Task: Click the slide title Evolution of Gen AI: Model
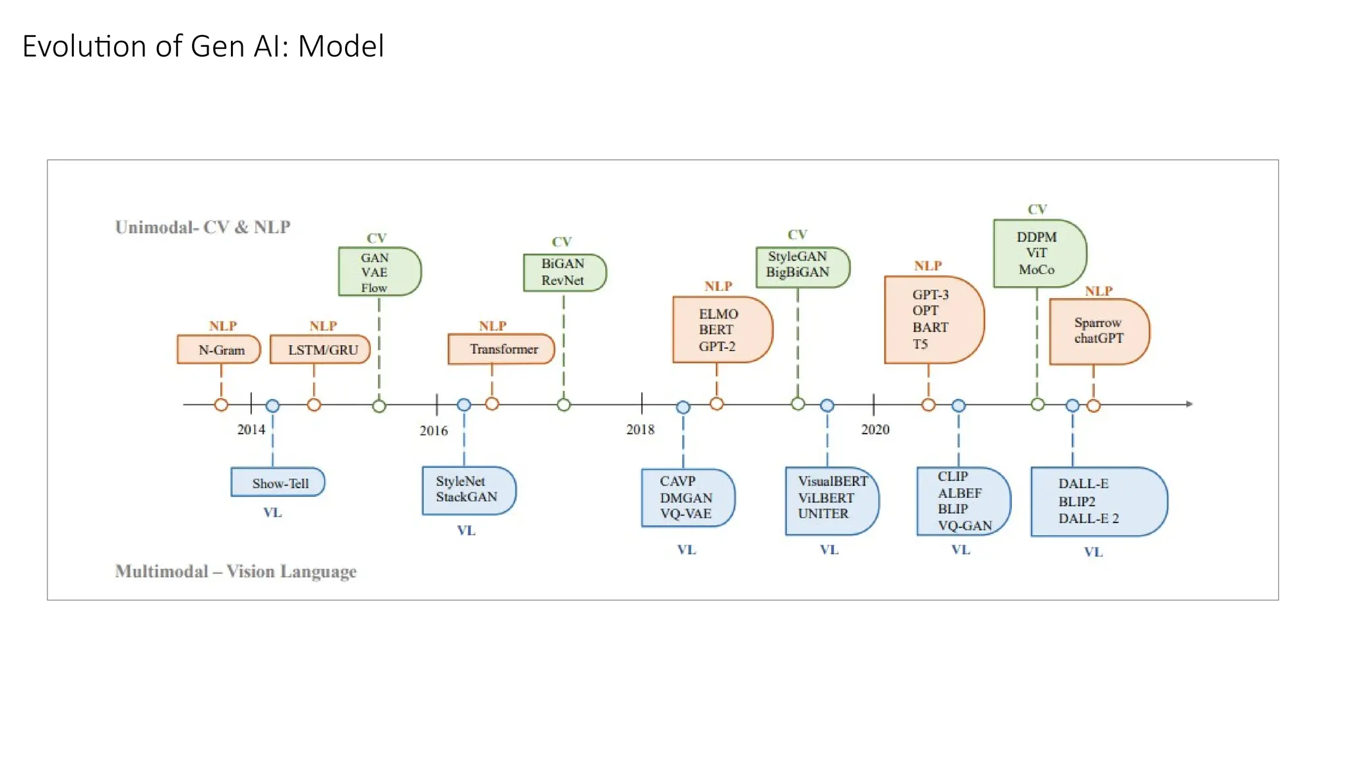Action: [203, 46]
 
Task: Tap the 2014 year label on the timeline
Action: [251, 429]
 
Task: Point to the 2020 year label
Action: [875, 429]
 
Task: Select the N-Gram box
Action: [219, 350]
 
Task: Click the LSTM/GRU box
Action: [321, 350]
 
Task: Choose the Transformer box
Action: [501, 349]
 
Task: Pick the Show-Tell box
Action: [278, 483]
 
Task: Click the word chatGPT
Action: [1098, 338]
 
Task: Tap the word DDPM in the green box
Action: [1036, 237]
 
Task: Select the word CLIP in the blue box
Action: [953, 476]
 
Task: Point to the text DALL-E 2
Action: [1088, 519]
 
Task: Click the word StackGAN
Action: [466, 497]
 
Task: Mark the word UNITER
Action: [823, 513]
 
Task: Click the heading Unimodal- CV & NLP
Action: [203, 227]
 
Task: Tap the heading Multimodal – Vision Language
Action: [236, 571]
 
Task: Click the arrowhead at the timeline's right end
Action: [1189, 404]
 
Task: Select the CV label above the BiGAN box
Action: [561, 242]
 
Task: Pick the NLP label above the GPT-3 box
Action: [927, 266]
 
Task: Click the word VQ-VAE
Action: [685, 513]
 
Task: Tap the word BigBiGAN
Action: [797, 272]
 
